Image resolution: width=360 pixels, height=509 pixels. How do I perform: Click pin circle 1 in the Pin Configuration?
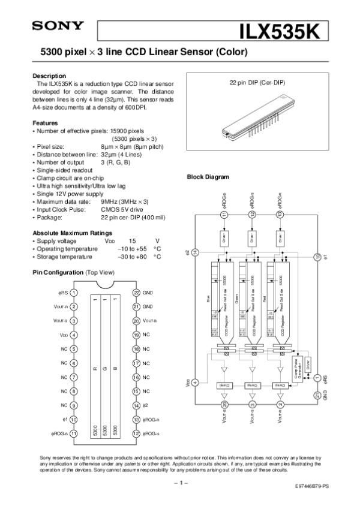[x=73, y=293]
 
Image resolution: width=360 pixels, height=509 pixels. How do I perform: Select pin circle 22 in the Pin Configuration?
[x=136, y=293]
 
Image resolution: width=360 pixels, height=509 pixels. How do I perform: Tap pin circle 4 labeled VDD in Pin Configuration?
[x=73, y=335]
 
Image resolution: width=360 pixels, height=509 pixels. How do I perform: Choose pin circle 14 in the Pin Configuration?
[x=136, y=406]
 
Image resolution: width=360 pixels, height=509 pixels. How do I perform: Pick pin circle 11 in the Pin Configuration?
[x=73, y=433]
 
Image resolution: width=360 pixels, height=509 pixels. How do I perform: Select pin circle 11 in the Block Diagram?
[x=224, y=215]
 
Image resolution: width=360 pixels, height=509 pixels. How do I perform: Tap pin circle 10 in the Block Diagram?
[x=317, y=257]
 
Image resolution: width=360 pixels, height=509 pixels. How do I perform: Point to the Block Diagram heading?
[x=208, y=177]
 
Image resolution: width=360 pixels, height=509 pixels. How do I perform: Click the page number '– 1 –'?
[x=181, y=482]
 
